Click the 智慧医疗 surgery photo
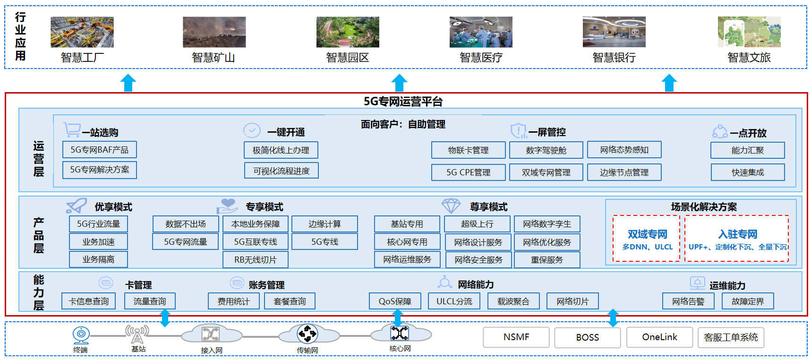pos(480,32)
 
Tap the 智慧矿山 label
pos(213,58)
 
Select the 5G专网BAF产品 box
pos(100,150)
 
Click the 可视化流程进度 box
pos(282,171)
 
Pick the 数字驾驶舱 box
pos(546,150)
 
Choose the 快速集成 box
pos(748,172)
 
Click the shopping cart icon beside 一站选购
pos(71,129)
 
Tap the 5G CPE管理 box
pos(468,172)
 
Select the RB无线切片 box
pos(256,260)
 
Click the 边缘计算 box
pos(324,224)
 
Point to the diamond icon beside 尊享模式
pos(451,206)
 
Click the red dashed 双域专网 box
pos(647,239)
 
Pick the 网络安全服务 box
pos(478,260)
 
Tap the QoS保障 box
pos(395,301)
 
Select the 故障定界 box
pos(748,301)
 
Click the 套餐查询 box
pos(290,301)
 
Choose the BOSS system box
pos(587,337)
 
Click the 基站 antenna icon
pos(137,334)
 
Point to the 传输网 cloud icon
pos(307,334)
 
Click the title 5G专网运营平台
pos(403,102)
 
